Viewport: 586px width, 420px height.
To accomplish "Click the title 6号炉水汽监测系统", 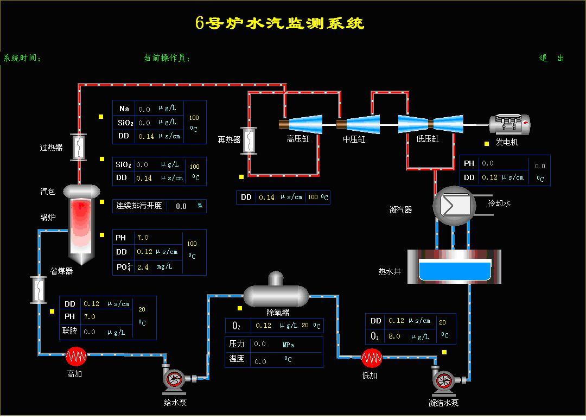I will point(279,23).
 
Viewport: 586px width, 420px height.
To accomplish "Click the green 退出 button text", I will point(551,58).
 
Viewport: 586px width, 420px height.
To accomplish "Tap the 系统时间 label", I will point(22,58).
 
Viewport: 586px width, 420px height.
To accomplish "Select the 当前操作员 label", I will point(167,58).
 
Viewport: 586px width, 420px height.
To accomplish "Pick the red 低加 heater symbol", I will point(372,358).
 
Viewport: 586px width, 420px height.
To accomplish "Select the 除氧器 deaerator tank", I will point(276,294).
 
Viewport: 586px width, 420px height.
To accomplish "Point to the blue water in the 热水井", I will point(455,271).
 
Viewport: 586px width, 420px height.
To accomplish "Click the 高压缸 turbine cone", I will point(305,124).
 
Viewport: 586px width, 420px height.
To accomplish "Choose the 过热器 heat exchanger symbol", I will point(79,146).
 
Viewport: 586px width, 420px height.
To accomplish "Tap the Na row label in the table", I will point(124,109).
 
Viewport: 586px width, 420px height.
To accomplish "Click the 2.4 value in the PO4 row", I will point(143,267).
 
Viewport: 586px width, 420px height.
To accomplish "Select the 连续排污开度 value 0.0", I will point(181,206).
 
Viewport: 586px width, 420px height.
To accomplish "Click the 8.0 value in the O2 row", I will point(394,336).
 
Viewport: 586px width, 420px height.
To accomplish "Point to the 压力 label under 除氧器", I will point(237,344).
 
